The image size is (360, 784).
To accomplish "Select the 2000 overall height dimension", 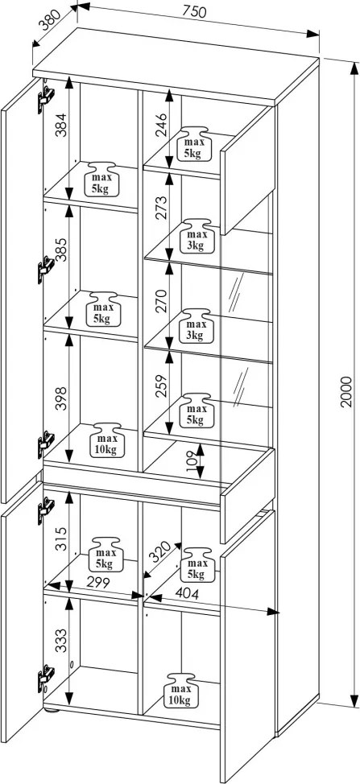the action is pos(346,391).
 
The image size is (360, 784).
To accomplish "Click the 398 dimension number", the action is pos(60,398).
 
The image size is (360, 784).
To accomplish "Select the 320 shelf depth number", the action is pos(161,552).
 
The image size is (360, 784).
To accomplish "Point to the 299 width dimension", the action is pos(98,581).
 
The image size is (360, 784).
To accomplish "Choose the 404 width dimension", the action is pos(188,594).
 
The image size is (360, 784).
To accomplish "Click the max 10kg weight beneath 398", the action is pos(106,440).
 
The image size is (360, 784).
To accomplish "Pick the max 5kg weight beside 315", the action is pos(106,555).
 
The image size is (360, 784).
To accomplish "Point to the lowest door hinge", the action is pos(46,679).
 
